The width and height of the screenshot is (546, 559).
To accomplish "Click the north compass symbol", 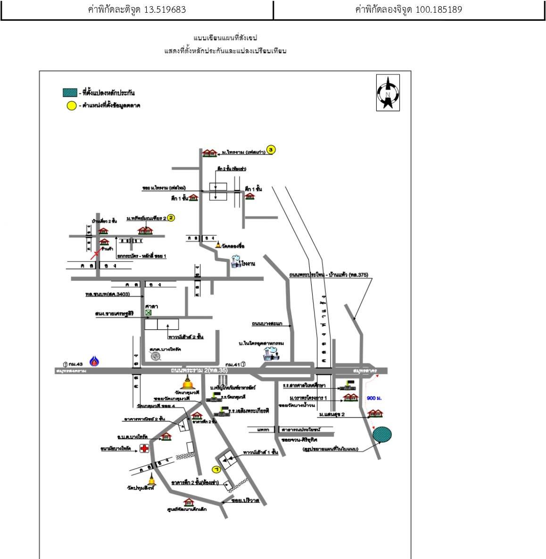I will point(388,93).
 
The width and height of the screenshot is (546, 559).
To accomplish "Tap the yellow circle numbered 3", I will point(270,150).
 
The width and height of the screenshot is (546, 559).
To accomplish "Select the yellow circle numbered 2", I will point(171,218).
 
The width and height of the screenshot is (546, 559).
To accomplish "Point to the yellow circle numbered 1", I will point(216,469).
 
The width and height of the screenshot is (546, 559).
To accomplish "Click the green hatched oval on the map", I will point(382,434).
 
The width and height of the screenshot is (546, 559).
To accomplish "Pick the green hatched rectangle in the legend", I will point(70,93).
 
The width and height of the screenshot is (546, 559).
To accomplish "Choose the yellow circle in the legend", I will point(71,106).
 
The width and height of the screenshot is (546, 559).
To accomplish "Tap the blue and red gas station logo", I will point(95,362).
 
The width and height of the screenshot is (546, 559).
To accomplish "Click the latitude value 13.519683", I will point(165,9).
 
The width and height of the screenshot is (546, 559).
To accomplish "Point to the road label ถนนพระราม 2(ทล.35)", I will point(199,371).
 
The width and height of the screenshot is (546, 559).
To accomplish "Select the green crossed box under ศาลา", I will point(149,312).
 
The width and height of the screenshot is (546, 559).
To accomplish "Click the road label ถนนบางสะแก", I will point(267,324).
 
